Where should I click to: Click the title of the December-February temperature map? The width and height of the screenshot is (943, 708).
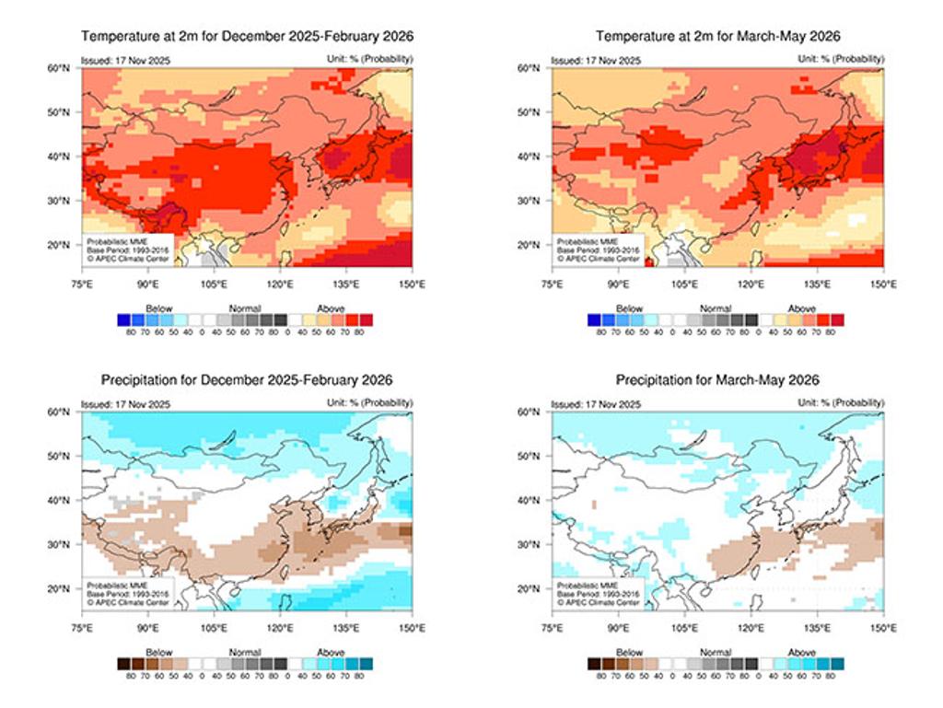[x=247, y=37]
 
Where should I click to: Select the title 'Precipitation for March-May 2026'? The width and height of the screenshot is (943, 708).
[x=717, y=380]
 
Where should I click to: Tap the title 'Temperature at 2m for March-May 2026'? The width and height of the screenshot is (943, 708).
[x=717, y=37]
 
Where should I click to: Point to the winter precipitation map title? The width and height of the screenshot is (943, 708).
[x=247, y=380]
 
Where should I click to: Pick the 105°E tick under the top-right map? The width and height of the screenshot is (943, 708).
[x=684, y=283]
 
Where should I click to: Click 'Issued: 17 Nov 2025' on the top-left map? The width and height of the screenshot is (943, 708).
[x=126, y=60]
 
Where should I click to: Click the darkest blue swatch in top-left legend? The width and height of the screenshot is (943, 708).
[x=122, y=319]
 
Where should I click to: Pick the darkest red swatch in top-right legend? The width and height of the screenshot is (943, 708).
[x=837, y=319]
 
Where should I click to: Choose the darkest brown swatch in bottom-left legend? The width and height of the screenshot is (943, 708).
[x=122, y=663]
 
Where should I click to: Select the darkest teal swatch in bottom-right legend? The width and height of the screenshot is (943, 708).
[x=837, y=663]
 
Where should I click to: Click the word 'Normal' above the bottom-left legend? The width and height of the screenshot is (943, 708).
[x=246, y=652]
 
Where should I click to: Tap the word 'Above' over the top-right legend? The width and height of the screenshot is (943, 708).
[x=802, y=308]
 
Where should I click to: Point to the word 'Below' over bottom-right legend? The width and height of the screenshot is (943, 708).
[x=629, y=652]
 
